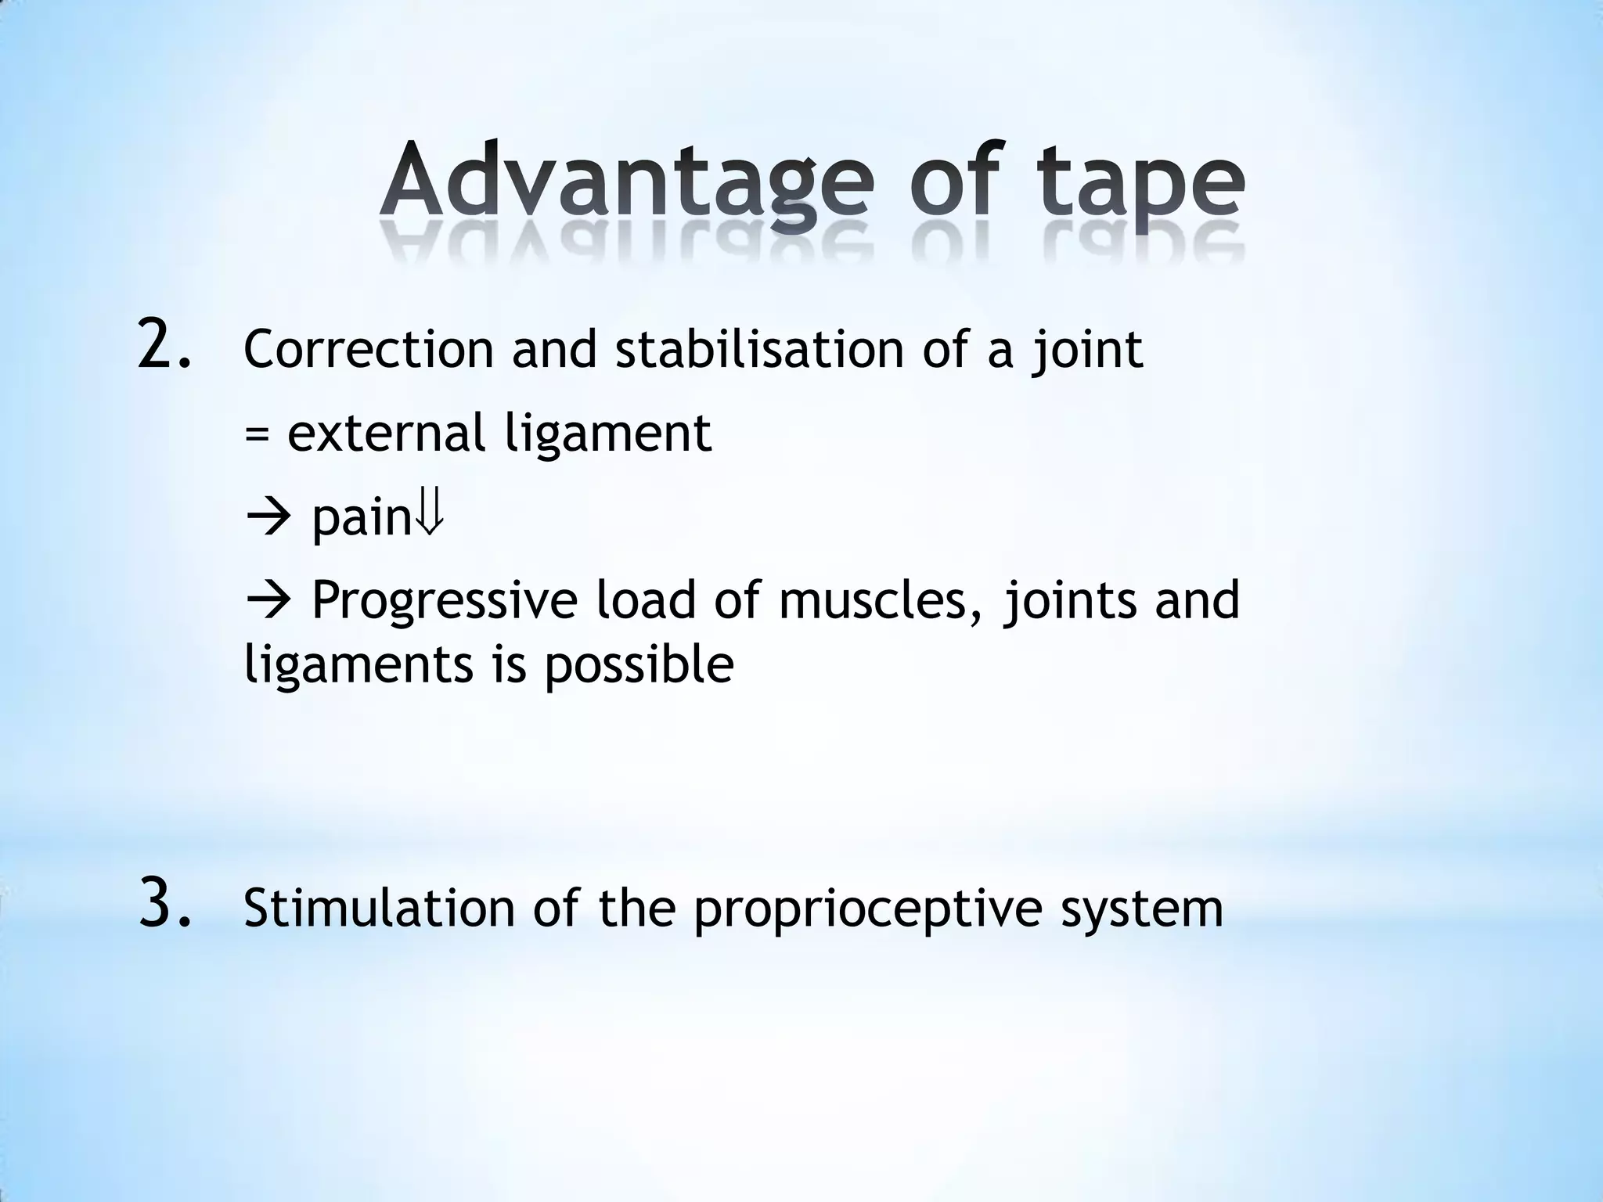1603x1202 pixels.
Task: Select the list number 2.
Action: coord(164,344)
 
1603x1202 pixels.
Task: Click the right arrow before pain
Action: coord(268,517)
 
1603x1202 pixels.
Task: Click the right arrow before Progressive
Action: coord(268,602)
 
